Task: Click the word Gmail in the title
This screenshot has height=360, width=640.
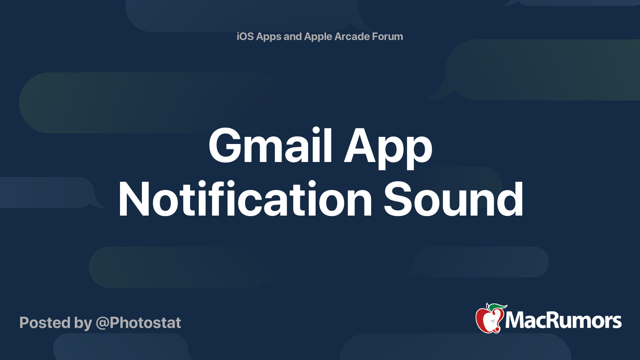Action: [270, 146]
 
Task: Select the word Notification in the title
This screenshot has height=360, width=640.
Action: [245, 199]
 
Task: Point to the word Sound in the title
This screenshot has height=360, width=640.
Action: [453, 199]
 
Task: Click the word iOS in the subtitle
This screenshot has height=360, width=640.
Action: [245, 36]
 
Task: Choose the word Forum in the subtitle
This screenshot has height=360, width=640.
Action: [388, 36]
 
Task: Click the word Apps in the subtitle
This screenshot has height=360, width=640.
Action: [269, 37]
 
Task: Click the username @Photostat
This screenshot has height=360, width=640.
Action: [138, 323]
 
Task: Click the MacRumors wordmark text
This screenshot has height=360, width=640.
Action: [563, 321]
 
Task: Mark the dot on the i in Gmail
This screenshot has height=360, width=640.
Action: [316, 130]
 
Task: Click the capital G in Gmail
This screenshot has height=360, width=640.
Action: [226, 146]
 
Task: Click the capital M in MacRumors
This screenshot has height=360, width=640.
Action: [516, 321]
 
